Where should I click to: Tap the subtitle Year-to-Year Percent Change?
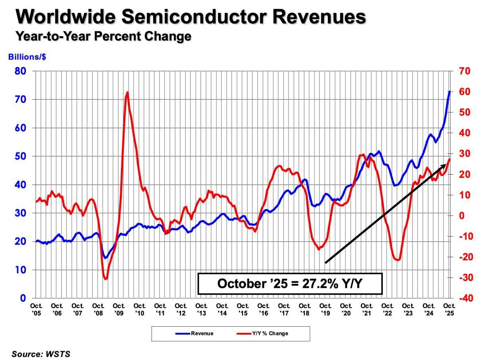click(103, 36)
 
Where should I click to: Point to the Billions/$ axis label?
click(27, 57)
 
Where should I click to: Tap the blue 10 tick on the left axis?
click(21, 270)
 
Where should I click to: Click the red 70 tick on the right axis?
click(465, 71)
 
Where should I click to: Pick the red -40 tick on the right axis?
click(464, 298)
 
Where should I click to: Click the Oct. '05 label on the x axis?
click(36, 309)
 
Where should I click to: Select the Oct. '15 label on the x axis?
click(243, 309)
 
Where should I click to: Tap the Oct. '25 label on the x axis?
click(449, 309)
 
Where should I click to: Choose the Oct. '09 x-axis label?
click(119, 309)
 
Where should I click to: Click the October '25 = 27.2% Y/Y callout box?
click(290, 283)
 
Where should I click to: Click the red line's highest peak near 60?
click(127, 92)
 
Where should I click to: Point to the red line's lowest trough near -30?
click(106, 279)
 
